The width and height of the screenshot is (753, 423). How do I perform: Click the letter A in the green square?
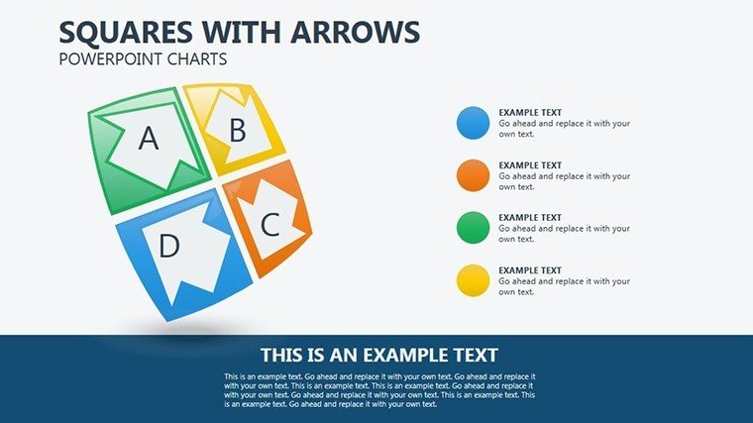pos(149,139)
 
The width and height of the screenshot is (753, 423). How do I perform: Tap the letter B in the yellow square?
pos(238,130)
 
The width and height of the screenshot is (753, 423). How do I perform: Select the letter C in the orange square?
pos(269,224)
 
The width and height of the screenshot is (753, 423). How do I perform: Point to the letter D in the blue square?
pos(169,246)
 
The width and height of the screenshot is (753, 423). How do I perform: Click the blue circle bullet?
pos(473,123)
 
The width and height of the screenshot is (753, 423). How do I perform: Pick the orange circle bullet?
pos(473,175)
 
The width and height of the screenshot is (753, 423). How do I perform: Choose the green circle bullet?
pos(473,228)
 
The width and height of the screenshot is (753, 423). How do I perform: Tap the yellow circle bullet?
pos(473,280)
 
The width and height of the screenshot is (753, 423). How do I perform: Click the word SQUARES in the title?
pos(126,32)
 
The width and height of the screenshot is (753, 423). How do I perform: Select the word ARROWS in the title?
pos(355,32)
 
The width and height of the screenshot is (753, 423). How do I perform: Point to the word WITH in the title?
pos(242,32)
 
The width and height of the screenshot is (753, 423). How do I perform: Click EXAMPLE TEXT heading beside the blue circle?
pos(530,112)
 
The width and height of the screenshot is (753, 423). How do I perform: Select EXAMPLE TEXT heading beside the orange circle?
pos(530,165)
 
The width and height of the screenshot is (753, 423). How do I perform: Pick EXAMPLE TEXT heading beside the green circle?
pos(530,218)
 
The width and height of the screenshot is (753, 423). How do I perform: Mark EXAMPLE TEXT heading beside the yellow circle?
pos(530,270)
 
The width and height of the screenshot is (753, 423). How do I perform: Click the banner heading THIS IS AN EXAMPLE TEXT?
pos(379,356)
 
